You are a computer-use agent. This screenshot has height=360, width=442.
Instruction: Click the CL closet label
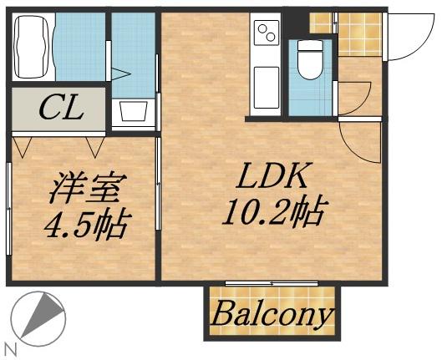tap(62, 109)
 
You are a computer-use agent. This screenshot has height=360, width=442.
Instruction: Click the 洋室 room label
tap(89, 187)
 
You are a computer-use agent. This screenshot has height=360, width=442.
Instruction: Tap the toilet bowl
tap(311, 59)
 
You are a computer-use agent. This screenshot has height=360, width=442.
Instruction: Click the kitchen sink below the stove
tap(267, 88)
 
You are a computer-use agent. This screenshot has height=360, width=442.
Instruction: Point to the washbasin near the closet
tap(134, 112)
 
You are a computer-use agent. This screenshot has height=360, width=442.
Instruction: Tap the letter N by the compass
tap(11, 349)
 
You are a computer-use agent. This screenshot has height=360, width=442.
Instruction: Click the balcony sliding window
tap(272, 283)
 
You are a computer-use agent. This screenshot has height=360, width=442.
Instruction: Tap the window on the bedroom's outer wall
tap(8, 209)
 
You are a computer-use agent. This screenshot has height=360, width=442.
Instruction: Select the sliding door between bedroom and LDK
tap(158, 183)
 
